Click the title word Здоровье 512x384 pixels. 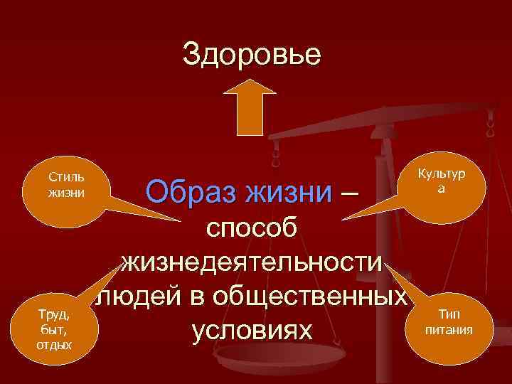(252, 54)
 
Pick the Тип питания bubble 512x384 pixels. (449, 321)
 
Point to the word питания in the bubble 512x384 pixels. (449, 329)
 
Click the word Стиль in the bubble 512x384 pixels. (66, 176)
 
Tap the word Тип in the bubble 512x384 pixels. (449, 314)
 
